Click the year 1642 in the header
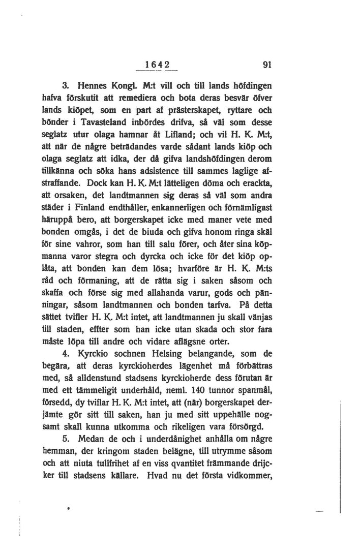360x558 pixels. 156,65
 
